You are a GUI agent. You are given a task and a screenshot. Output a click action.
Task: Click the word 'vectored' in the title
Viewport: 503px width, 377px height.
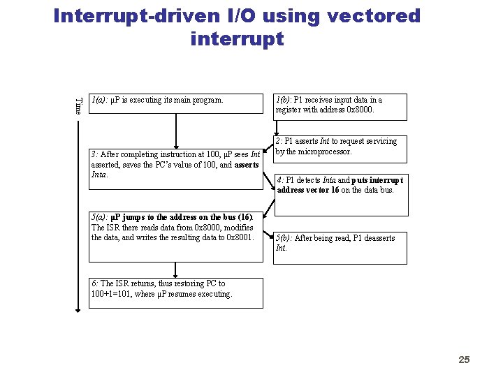(x=374, y=15)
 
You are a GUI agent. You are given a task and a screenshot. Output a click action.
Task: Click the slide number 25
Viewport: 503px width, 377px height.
(x=464, y=360)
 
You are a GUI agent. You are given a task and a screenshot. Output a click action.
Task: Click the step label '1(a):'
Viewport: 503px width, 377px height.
(x=99, y=100)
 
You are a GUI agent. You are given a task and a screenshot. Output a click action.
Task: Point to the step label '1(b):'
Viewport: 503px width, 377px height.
(x=284, y=100)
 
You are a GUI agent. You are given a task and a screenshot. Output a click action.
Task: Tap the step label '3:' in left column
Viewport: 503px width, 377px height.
(x=95, y=154)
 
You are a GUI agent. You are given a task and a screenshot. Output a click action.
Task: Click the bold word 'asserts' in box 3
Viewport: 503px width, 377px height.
(x=247, y=165)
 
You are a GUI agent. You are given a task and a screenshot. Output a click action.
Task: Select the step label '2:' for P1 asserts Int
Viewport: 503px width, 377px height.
(x=279, y=141)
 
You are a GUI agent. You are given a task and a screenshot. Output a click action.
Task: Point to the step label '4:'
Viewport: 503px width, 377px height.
(x=281, y=179)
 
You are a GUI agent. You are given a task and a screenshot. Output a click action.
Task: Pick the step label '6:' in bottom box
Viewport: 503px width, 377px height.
(x=95, y=283)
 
